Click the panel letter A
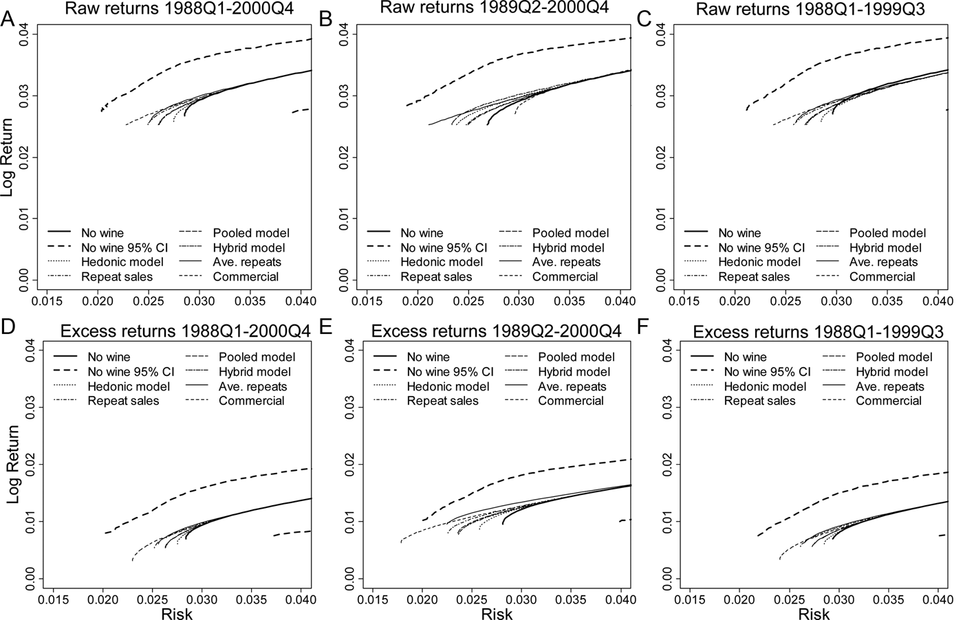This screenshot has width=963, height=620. coord(8,19)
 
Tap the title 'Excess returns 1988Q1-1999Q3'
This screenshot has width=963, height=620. coord(821,331)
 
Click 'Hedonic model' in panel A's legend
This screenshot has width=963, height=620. coord(122,262)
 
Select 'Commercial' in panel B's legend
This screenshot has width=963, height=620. coord(565,277)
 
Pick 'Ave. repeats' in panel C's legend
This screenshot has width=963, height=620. coord(884,262)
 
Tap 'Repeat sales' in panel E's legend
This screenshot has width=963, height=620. coord(443,401)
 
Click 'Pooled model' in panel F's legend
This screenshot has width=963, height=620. coord(894,357)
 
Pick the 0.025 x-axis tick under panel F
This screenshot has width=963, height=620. coord(789,597)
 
